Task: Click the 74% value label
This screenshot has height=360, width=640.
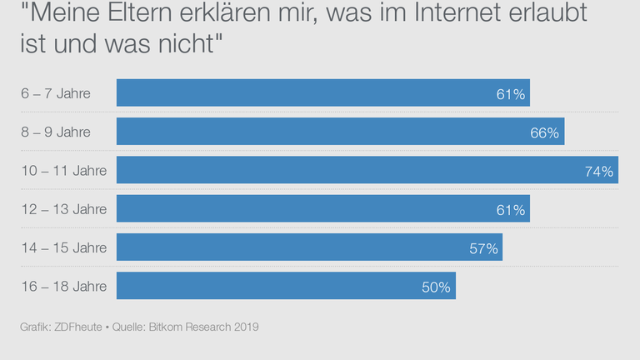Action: tap(599, 172)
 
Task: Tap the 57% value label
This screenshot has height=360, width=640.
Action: tap(483, 248)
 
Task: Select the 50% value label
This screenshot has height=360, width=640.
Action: tap(436, 287)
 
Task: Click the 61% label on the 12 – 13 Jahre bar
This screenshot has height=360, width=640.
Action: tap(510, 210)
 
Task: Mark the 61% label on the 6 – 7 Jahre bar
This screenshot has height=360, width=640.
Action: tap(510, 95)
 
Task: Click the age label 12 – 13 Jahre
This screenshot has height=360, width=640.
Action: tap(63, 209)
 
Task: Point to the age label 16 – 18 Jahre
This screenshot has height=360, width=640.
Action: tap(63, 286)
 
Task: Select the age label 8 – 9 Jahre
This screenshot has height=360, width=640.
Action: tap(56, 132)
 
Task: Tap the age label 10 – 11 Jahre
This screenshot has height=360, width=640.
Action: tap(63, 171)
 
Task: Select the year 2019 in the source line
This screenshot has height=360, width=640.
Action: tap(245, 327)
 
